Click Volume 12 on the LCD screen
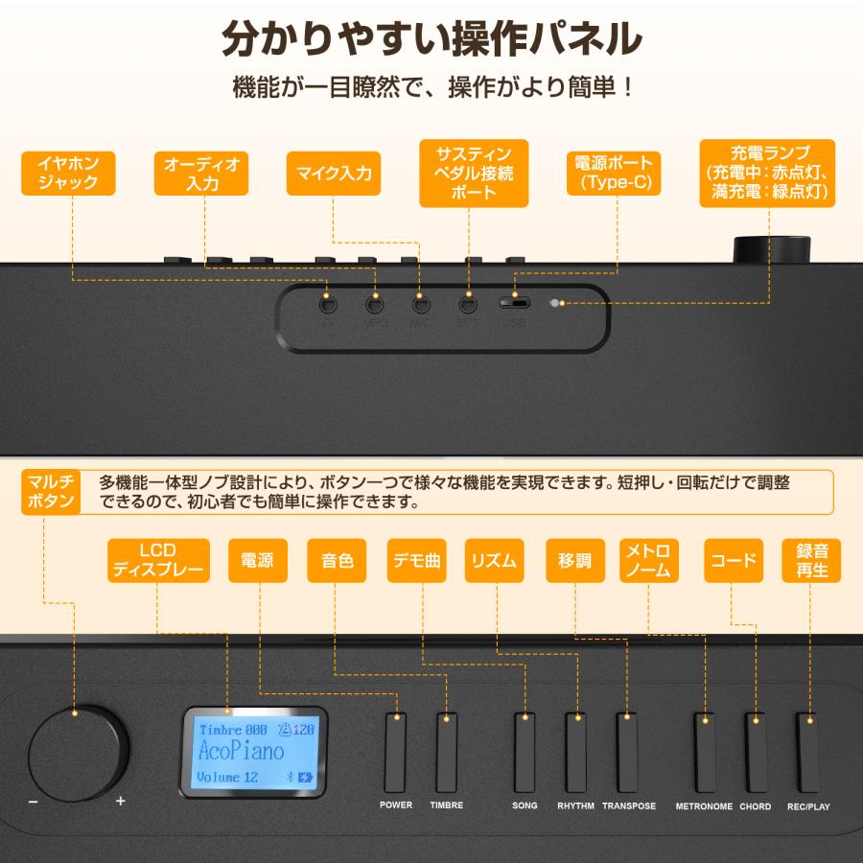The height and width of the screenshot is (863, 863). [227, 777]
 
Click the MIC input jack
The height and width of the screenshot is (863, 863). [420, 305]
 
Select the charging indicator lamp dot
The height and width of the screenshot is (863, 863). [554, 304]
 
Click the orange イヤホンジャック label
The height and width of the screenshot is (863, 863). [68, 173]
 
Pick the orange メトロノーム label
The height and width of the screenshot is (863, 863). [649, 561]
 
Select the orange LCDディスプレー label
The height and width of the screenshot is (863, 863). [158, 561]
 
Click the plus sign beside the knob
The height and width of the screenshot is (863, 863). [121, 801]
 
